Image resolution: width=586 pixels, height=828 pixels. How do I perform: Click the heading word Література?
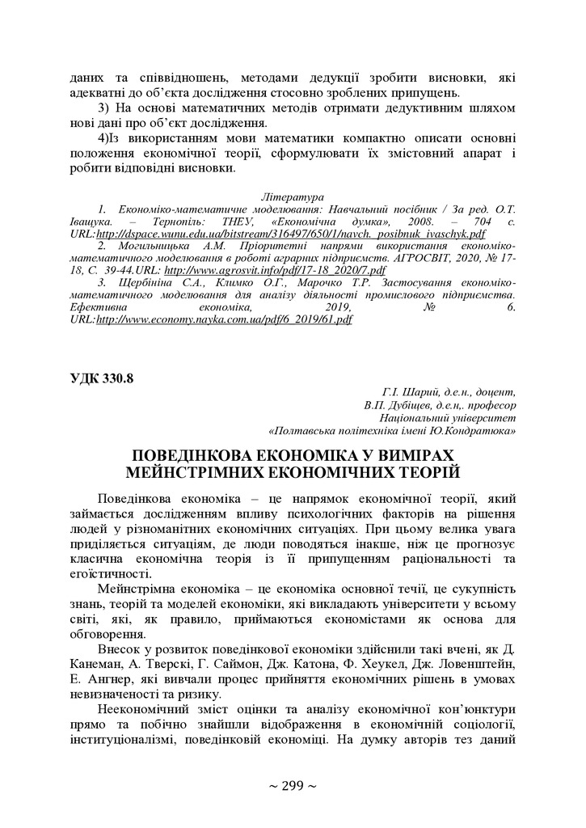[293, 196]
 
